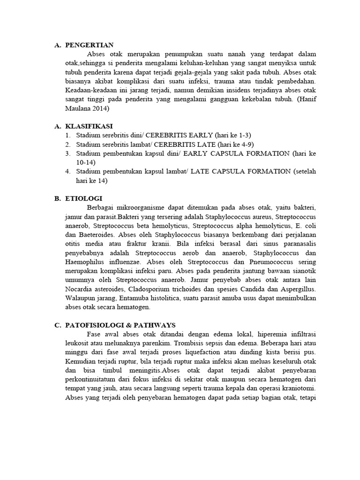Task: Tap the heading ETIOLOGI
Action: pos(84,198)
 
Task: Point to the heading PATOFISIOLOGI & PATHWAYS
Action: pos(120,325)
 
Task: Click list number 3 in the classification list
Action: pos(68,153)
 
